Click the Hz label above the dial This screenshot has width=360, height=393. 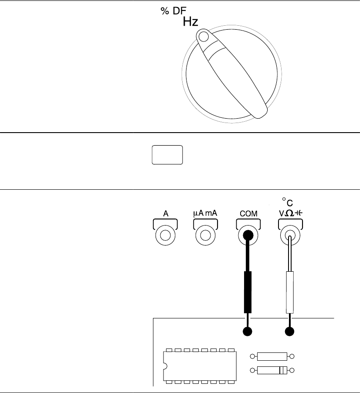click(190, 22)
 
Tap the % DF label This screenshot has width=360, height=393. click(171, 12)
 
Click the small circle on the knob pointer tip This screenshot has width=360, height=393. click(202, 36)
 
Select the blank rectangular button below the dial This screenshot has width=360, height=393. click(167, 155)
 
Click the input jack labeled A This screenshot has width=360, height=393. click(166, 236)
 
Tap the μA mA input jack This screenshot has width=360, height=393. click(205, 236)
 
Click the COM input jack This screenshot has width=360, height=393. click(248, 236)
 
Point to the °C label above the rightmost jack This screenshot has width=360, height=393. click(287, 202)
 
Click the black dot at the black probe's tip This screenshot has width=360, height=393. click(248, 331)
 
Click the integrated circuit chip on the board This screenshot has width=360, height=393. click(200, 366)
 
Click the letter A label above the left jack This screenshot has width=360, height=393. click(166, 214)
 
